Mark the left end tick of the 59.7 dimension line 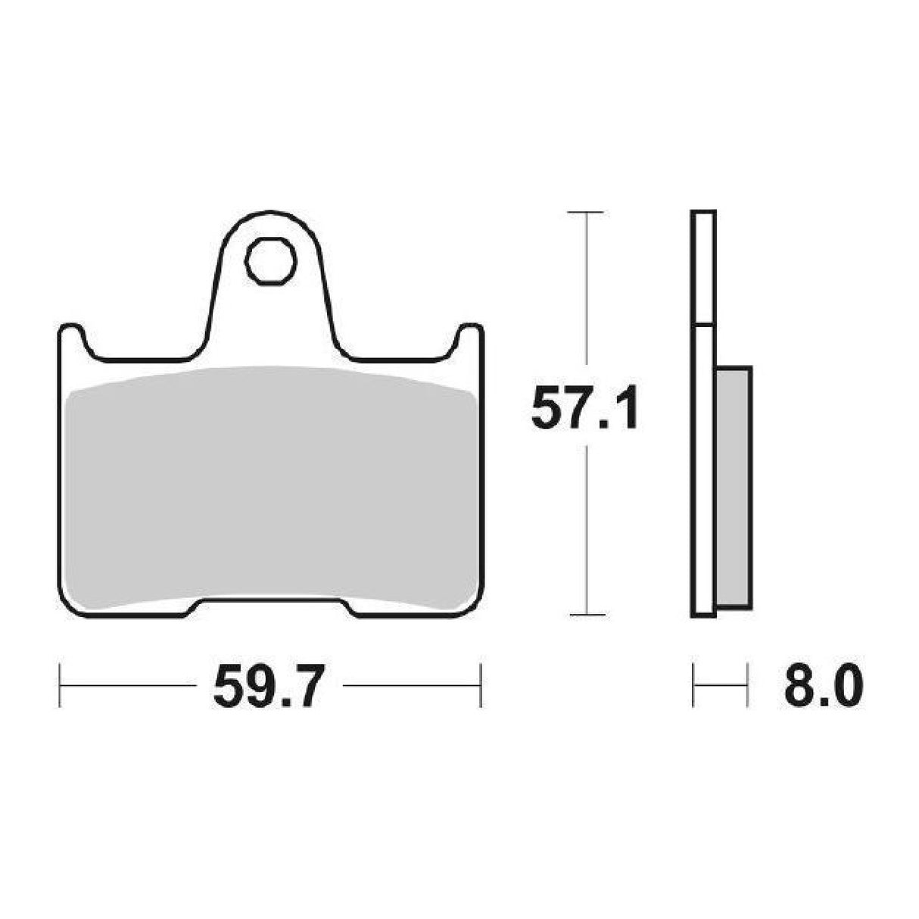pos(60,686)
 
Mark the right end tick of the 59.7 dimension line pos(481,686)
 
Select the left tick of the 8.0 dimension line pos(693,686)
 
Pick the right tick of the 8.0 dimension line pos(747,686)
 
